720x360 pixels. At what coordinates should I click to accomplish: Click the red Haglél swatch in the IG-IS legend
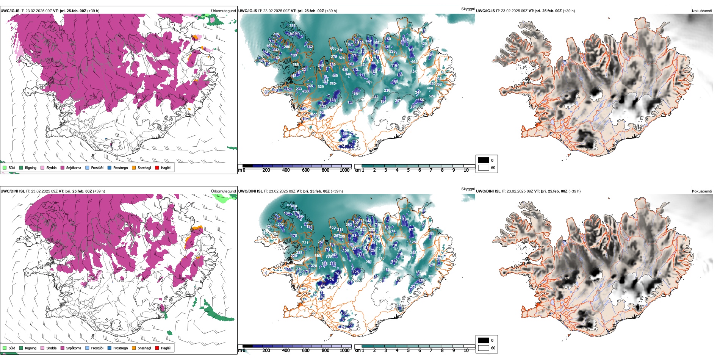[x=157, y=167]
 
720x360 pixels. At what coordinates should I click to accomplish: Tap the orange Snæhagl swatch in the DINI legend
[x=134, y=348]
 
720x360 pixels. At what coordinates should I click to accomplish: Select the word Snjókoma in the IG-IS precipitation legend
[x=74, y=167]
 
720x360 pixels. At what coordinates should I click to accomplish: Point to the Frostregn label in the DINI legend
[x=121, y=348]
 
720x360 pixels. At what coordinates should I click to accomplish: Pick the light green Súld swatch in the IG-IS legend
[x=5, y=167]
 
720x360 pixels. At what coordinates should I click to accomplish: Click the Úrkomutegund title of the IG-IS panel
[x=223, y=11]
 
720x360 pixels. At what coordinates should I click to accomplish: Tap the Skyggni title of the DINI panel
[x=468, y=189]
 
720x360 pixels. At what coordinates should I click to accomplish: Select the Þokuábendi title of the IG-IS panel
[x=702, y=11]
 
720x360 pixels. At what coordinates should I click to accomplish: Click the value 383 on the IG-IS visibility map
[x=292, y=26]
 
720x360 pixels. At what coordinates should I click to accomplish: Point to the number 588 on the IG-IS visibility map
[x=296, y=65]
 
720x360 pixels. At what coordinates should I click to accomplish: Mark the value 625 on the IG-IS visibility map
[x=413, y=72]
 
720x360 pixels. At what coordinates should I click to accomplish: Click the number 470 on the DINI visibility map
[x=294, y=206]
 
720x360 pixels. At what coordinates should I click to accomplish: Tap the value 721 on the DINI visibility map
[x=305, y=243]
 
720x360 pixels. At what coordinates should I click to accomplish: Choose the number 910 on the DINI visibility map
[x=381, y=258]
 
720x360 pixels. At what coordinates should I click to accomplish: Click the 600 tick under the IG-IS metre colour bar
[x=305, y=170]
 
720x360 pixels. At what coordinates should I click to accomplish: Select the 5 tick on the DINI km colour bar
[x=408, y=351]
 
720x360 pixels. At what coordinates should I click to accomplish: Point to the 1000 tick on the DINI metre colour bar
[x=344, y=351]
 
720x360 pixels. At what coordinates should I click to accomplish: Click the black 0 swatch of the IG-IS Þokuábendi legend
[x=484, y=160]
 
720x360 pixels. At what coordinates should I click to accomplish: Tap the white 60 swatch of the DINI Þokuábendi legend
[x=484, y=348]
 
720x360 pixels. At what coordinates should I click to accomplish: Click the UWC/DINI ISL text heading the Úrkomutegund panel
[x=13, y=191]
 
